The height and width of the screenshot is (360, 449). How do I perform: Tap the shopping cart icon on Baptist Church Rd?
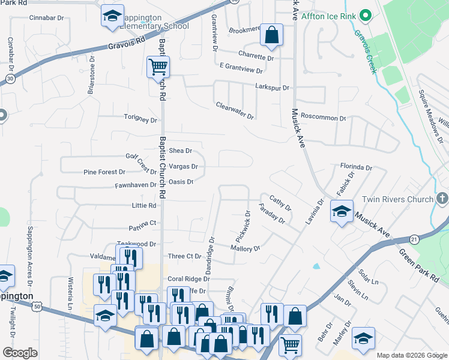coord(158,67)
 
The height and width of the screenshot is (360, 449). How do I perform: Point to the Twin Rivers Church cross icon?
coord(441,199)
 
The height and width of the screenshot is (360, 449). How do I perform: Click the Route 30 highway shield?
coord(10,77)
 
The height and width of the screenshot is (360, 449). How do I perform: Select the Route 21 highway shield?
coord(414,239)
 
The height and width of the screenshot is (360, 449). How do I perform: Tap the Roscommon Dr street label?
coord(323,118)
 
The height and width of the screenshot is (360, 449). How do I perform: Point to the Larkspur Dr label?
coord(272,88)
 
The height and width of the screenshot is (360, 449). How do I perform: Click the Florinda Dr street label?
coord(356,167)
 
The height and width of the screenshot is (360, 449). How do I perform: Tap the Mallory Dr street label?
coord(245,248)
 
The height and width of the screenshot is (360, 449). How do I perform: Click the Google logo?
coord(20,353)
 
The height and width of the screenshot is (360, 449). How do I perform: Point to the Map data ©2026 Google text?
coord(411,355)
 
